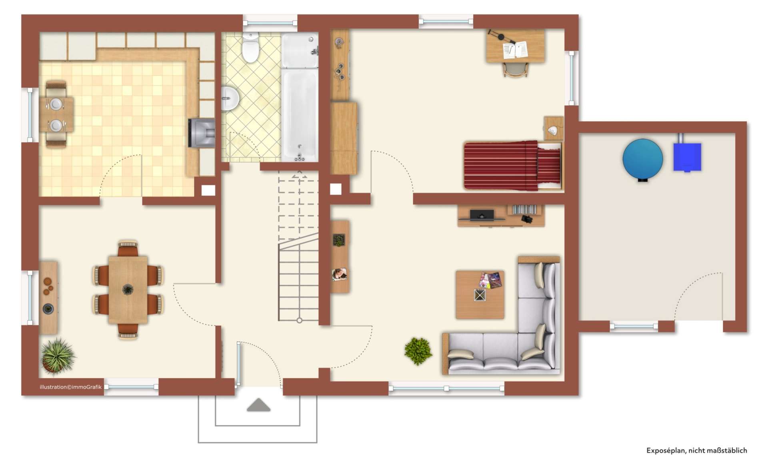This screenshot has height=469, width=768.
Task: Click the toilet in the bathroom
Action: [251, 49]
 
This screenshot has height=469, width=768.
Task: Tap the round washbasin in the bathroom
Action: [230, 98]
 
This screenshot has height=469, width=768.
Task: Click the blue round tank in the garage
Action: [642, 159]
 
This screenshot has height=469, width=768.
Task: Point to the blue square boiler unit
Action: [687, 157]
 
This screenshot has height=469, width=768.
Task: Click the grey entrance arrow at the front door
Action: [258, 405]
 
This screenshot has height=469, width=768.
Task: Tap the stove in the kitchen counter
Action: [202, 133]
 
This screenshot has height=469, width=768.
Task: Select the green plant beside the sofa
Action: [418, 351]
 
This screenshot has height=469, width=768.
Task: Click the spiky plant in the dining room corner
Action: [58, 356]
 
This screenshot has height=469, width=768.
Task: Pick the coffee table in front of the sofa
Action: [480, 295]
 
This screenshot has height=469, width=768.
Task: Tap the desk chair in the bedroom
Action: [515, 70]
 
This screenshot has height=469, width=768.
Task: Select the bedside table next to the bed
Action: [554, 128]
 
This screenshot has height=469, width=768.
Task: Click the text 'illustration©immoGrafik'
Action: [70, 387]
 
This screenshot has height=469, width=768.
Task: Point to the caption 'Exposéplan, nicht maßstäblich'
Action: [696, 451]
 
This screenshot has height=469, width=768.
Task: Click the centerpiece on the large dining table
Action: [128, 289]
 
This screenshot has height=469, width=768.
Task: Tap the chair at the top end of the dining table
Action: [128, 249]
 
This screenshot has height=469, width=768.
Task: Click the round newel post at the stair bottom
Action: [299, 321]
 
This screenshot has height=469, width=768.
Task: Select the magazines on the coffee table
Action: [490, 280]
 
